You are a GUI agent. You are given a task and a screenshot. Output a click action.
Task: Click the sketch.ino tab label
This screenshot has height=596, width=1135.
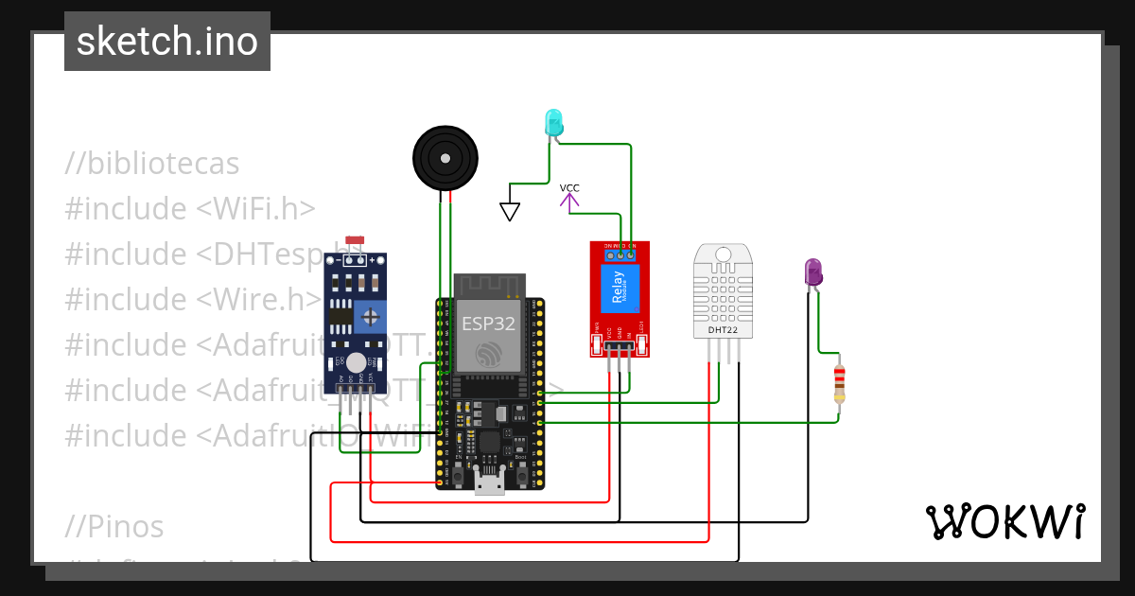167,42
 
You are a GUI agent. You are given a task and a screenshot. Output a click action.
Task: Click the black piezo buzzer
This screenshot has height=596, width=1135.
445,158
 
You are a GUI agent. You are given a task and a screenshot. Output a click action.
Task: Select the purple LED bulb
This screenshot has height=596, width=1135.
812,272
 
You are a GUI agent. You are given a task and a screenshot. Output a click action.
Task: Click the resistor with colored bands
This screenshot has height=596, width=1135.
839,383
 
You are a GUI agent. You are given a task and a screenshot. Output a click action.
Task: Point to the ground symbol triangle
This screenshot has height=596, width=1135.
510,212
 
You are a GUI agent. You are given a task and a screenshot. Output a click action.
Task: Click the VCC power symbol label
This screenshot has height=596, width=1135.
569,188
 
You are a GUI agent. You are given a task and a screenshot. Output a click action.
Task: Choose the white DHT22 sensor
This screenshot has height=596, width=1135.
725,289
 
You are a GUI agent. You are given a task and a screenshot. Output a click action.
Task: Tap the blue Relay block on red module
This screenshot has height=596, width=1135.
620,289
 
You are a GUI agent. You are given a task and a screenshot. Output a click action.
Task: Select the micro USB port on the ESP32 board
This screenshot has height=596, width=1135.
489,486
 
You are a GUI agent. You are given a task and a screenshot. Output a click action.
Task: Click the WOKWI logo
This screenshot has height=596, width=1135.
1004,521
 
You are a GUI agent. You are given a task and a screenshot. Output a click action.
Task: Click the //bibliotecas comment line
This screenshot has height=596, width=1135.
152,164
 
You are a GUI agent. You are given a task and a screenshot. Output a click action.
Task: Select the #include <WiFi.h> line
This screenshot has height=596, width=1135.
190,209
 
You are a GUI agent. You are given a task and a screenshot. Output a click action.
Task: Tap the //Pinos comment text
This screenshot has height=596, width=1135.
114,526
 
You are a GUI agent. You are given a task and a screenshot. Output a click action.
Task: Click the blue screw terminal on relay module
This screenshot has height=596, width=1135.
620,254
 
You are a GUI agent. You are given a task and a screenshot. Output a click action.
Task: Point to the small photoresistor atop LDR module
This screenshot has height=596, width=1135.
356,243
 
